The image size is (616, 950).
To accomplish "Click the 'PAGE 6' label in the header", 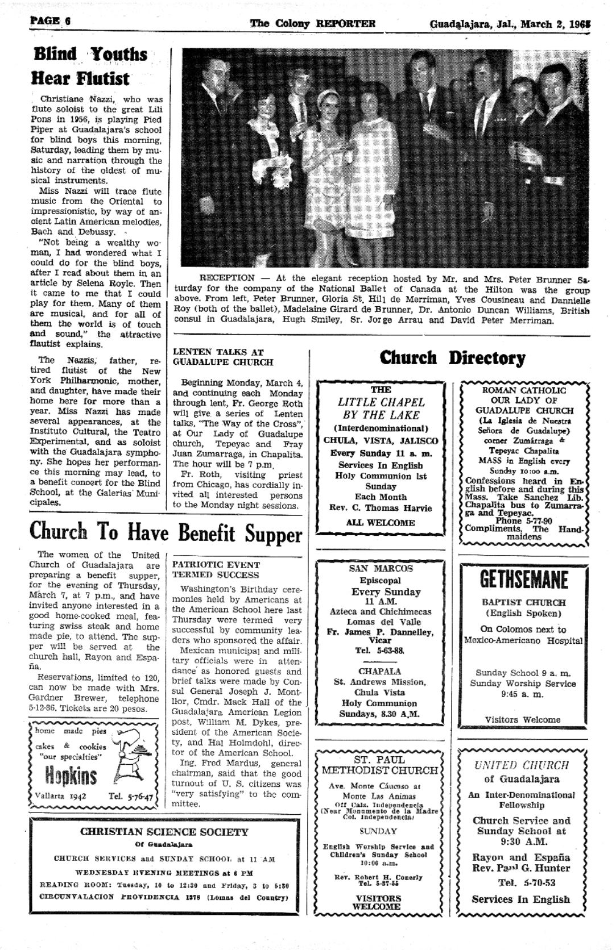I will (x=50, y=22).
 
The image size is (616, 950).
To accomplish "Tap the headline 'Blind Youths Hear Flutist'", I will (x=90, y=65).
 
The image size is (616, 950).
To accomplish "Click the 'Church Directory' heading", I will (x=452, y=358).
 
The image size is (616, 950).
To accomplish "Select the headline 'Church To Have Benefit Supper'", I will (x=166, y=533).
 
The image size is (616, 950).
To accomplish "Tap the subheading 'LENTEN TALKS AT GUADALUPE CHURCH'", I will (x=223, y=357).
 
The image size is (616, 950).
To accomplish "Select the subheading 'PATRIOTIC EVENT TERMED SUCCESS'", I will (x=216, y=570).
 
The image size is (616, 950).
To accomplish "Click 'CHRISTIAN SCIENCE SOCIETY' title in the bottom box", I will (x=164, y=832).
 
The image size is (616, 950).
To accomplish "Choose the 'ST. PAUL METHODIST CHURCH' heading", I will (x=380, y=765).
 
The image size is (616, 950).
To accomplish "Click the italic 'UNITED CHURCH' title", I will (x=522, y=765).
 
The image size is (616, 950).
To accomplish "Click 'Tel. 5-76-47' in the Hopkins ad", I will (x=131, y=797).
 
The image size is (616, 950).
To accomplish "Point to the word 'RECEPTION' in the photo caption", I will (x=226, y=278).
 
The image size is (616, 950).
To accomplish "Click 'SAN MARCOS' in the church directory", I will (x=381, y=568).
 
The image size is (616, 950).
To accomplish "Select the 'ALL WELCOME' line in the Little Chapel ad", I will (x=381, y=523).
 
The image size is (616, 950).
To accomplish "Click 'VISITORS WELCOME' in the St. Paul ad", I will (x=378, y=902).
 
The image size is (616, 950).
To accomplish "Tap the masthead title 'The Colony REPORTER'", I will (x=312, y=24).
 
